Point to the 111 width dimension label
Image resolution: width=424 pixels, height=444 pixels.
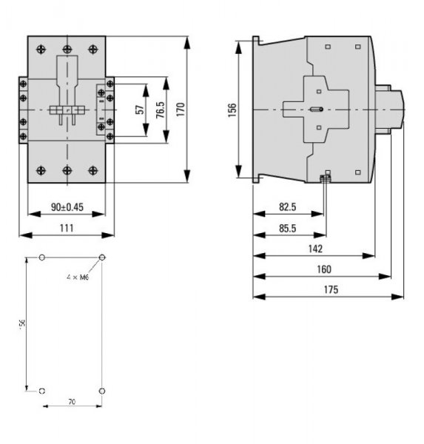(x=66, y=228)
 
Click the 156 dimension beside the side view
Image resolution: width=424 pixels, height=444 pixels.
(x=232, y=109)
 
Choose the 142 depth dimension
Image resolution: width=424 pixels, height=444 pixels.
(x=314, y=249)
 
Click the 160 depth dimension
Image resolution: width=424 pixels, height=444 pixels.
(x=323, y=269)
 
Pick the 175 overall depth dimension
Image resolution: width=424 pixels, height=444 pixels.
(x=330, y=289)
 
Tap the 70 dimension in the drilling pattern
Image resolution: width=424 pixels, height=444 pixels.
(x=72, y=401)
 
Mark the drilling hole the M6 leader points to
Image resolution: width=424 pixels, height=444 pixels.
(x=102, y=258)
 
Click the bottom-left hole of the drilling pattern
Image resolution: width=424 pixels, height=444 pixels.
(x=42, y=390)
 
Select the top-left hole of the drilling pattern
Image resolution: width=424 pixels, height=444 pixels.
(x=42, y=258)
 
